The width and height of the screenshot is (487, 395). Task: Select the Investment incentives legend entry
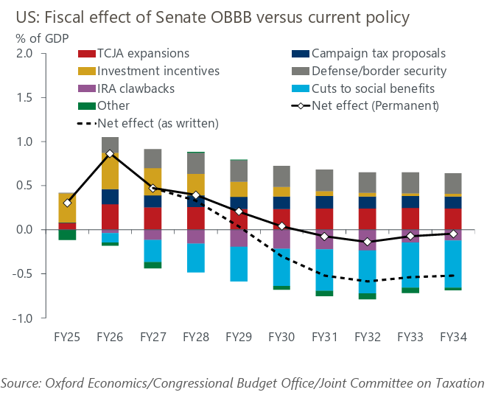pyautogui.click(x=147, y=71)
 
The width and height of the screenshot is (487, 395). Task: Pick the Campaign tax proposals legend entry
pyautogui.click(x=376, y=53)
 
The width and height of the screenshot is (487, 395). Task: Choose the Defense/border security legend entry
pyautogui.click(x=378, y=71)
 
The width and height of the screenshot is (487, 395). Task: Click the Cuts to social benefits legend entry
pyautogui.click(x=373, y=88)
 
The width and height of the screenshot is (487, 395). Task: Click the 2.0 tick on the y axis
pyautogui.click(x=24, y=53)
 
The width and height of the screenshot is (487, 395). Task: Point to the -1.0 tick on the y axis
pyautogui.click(x=23, y=318)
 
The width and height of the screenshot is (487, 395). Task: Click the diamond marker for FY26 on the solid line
pyautogui.click(x=110, y=153)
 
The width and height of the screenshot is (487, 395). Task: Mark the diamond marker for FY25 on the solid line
pyautogui.click(x=68, y=203)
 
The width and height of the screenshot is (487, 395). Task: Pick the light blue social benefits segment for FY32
pyautogui.click(x=368, y=272)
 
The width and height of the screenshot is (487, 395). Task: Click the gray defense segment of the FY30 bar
pyautogui.click(x=281, y=176)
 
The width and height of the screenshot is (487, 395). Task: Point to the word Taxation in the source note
pyautogui.click(x=455, y=382)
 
